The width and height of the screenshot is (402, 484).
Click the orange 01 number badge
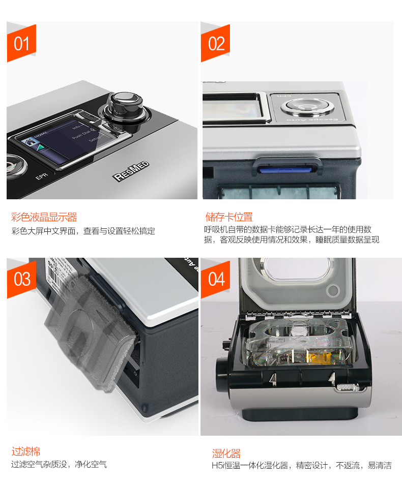(21, 43)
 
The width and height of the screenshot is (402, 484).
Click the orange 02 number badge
(216, 43)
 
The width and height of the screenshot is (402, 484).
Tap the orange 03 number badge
(21, 279)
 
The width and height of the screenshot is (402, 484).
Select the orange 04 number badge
(216, 279)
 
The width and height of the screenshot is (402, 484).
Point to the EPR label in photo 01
(41, 178)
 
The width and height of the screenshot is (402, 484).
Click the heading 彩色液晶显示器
(44, 218)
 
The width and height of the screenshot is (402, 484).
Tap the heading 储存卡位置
(228, 217)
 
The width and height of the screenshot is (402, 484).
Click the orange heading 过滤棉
(26, 451)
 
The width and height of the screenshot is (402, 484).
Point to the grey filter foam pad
(89, 330)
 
